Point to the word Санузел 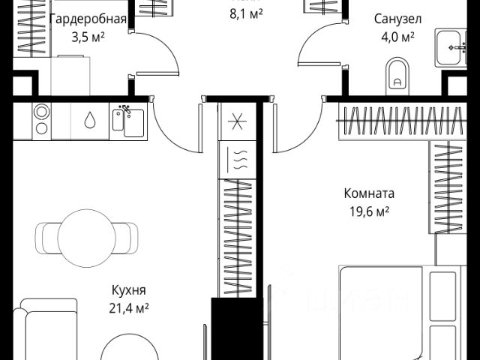(397, 19)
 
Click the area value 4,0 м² (397, 35)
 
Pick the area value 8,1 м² (245, 13)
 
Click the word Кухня (128, 291)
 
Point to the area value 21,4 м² (128, 307)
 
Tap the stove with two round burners (41, 121)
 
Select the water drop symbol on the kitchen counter (90, 121)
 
